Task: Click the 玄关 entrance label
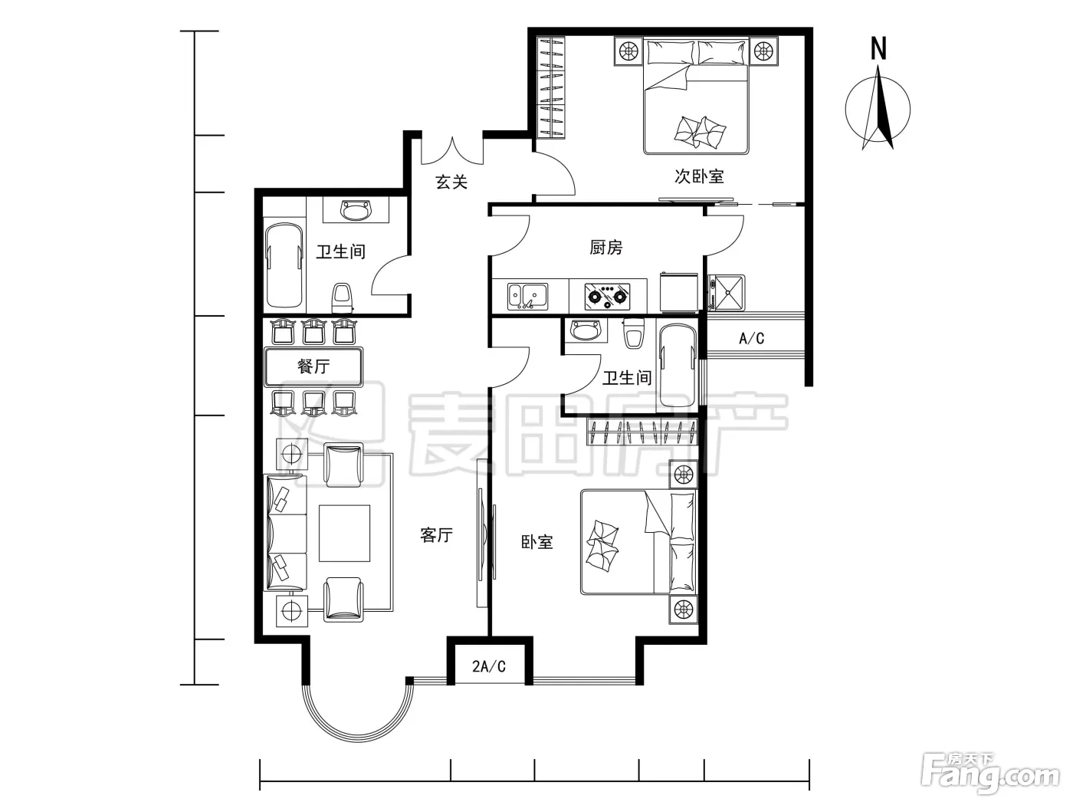point(451,182)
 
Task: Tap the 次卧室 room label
point(699,176)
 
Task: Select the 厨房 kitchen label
point(606,248)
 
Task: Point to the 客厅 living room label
point(436,534)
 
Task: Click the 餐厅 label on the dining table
point(313,366)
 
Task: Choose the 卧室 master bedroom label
point(536,541)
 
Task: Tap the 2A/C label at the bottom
point(489,666)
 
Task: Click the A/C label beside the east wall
point(751,338)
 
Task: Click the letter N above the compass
point(878,48)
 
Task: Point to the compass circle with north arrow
point(878,108)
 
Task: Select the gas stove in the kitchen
point(607,295)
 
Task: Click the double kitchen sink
point(527,296)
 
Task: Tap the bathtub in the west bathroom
point(284,265)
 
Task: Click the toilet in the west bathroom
point(342,298)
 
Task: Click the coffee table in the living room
point(345,534)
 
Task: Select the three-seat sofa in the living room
point(285,533)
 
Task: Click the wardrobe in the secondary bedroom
point(551,87)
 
